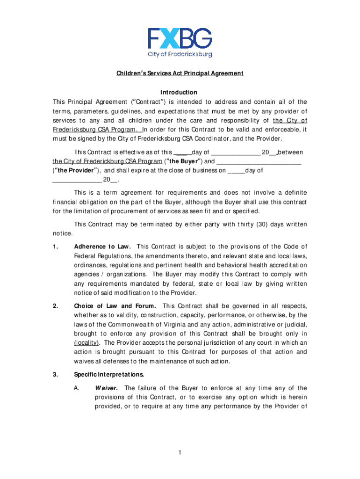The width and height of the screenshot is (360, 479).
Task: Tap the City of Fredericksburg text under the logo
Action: point(180,54)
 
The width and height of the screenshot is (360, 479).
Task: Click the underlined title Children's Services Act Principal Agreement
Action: point(180,73)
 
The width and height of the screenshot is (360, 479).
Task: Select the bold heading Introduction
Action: point(180,93)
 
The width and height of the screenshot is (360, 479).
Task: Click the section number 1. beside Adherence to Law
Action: point(55,247)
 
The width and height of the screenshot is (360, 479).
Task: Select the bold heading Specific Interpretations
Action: point(109,374)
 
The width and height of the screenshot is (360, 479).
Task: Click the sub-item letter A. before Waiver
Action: point(78,388)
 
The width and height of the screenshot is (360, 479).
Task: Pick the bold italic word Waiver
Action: point(107,388)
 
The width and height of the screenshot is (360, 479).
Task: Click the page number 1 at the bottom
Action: point(180,452)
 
